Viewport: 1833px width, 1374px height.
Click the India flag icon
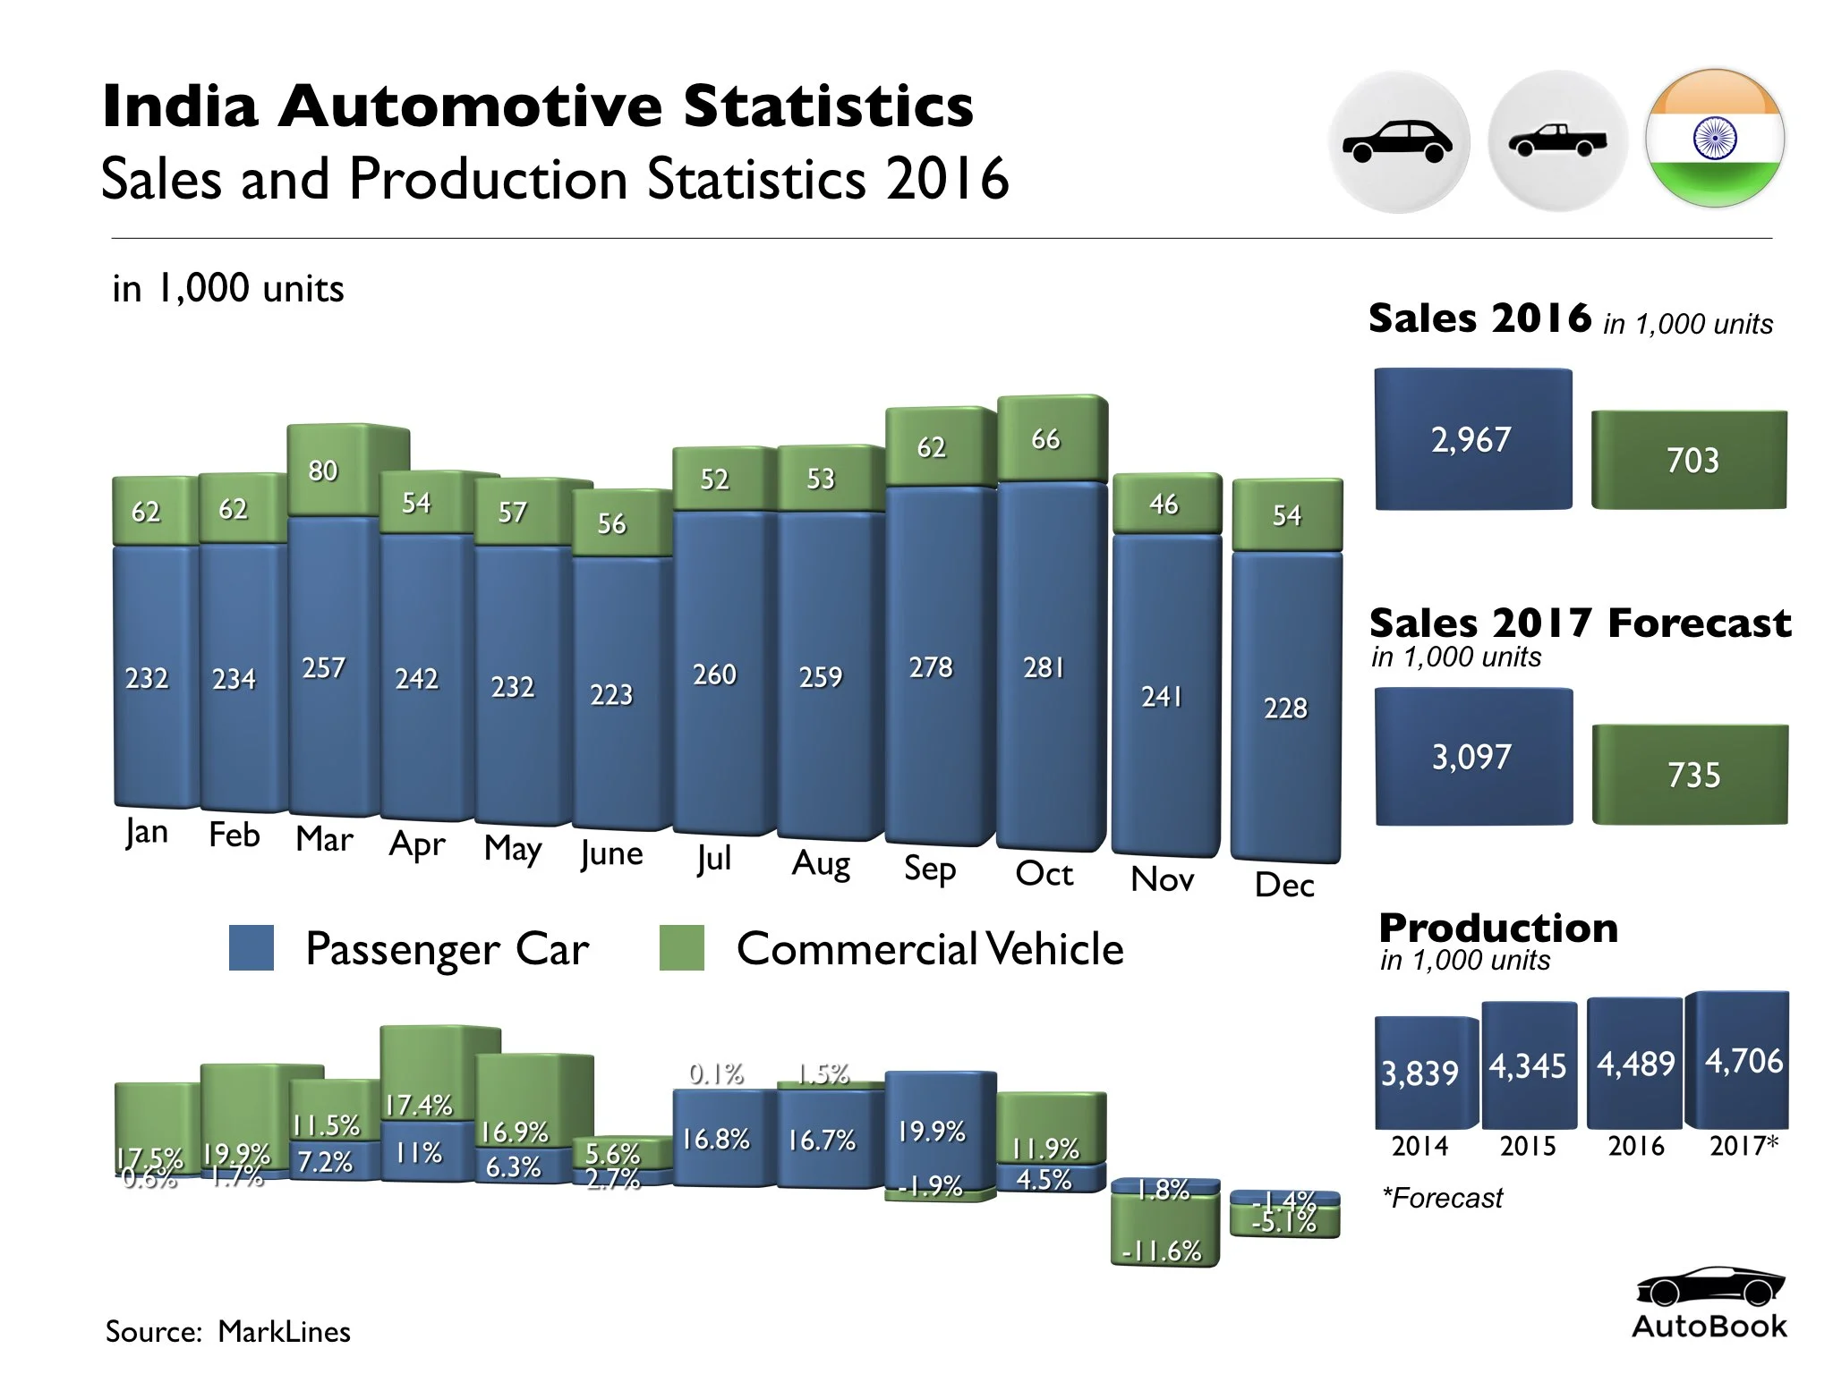tap(1714, 139)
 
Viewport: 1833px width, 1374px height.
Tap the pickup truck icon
tap(1557, 140)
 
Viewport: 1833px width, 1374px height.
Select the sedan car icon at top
tap(1398, 141)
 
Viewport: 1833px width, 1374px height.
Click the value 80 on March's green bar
tap(323, 471)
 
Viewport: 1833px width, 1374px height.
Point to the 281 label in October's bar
tap(1044, 667)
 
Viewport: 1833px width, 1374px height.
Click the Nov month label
tap(1162, 879)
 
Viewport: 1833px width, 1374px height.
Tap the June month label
tap(611, 853)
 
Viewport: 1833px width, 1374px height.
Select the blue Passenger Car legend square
tap(252, 948)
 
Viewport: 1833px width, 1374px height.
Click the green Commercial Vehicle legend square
tap(681, 948)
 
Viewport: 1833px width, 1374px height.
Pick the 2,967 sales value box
tap(1472, 439)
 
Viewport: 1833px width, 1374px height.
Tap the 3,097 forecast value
tap(1472, 757)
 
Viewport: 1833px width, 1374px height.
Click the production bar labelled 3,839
tap(1420, 1073)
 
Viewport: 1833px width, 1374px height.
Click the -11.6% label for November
tap(1162, 1251)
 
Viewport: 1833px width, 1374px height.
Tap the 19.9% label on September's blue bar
tap(932, 1132)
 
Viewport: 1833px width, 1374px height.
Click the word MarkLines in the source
tap(284, 1331)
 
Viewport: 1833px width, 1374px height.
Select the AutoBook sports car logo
tap(1709, 1288)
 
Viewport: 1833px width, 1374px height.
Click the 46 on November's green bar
tap(1164, 505)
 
